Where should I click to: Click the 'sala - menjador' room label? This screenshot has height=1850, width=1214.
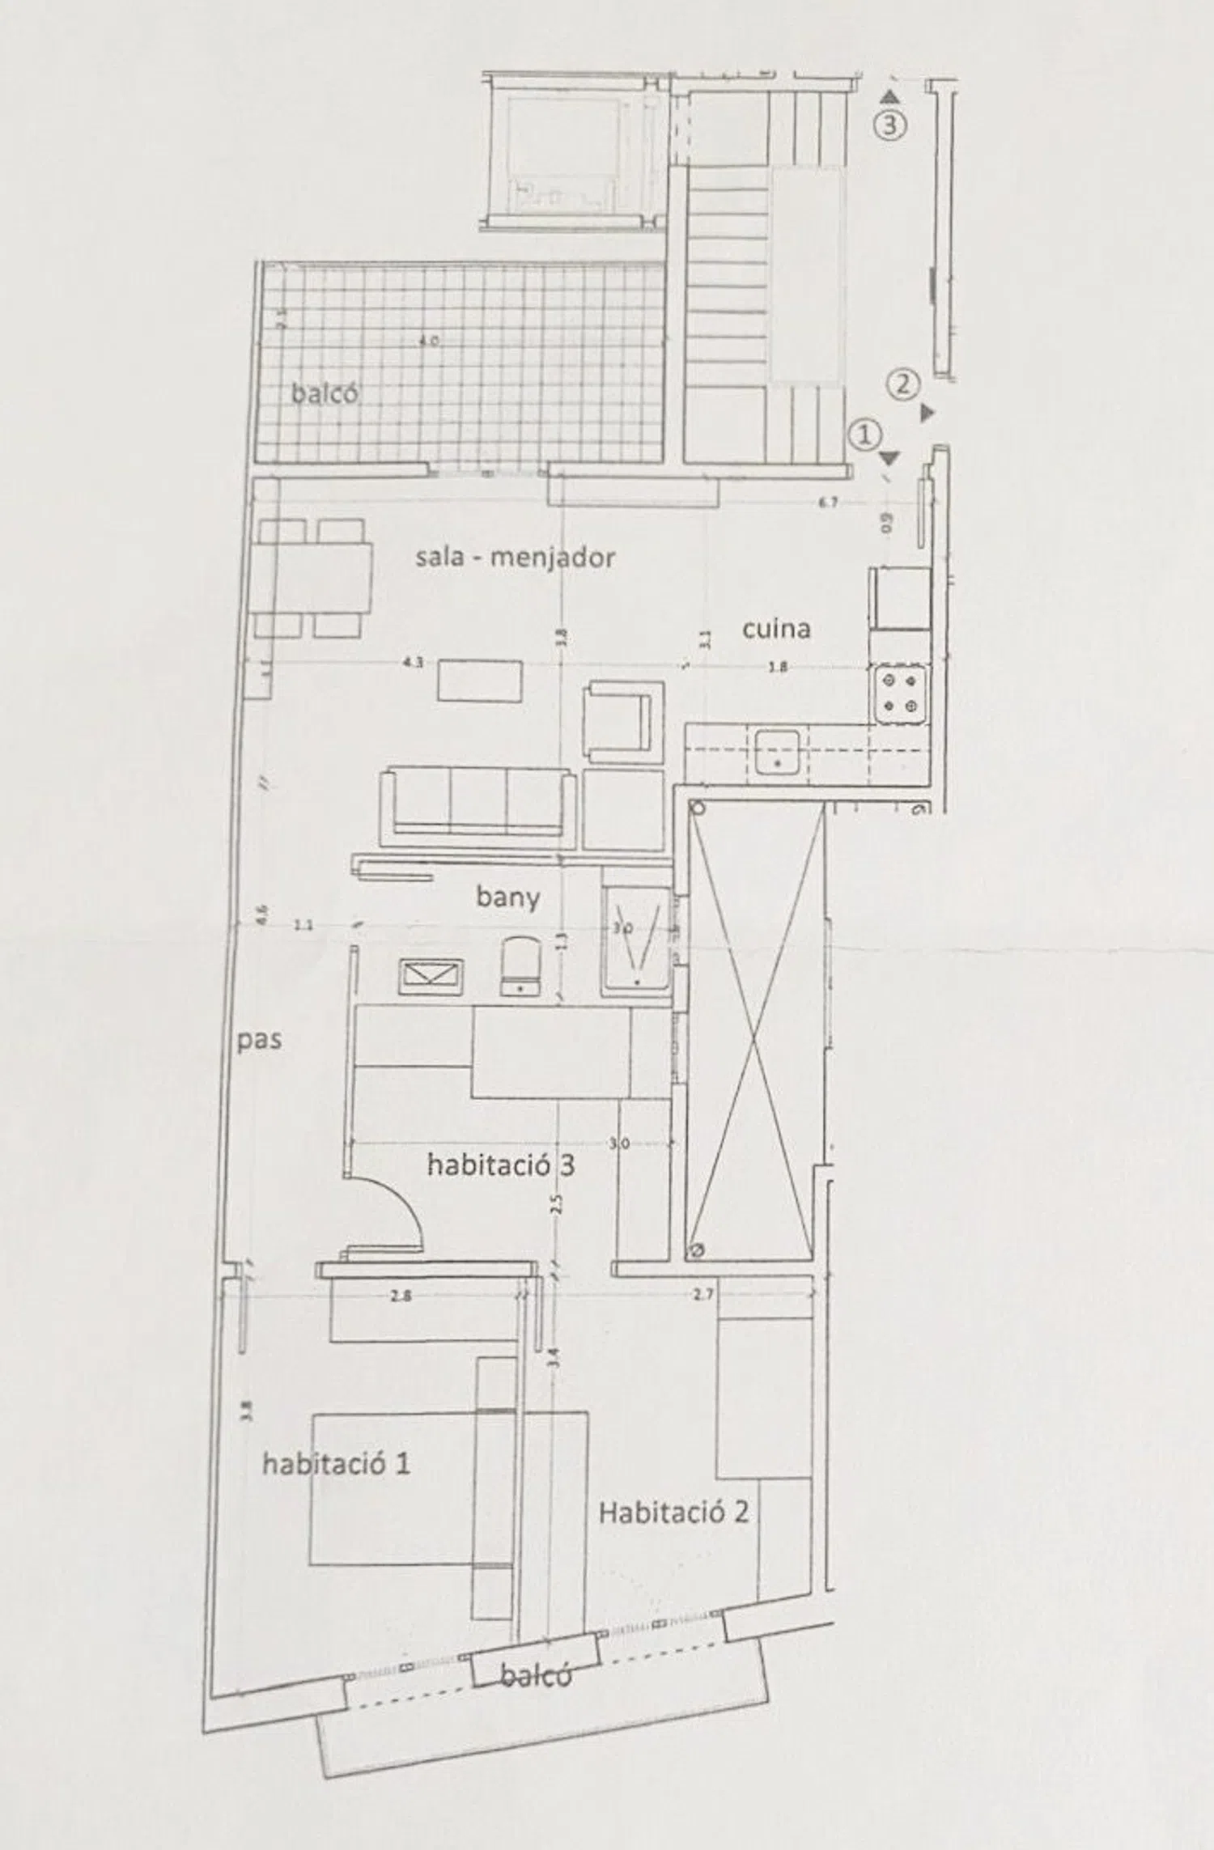pyautogui.click(x=516, y=558)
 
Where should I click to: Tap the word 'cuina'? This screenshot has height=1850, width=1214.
pyautogui.click(x=776, y=629)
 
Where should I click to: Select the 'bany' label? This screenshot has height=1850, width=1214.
pyautogui.click(x=507, y=897)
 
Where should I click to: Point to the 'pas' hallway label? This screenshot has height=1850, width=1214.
pyautogui.click(x=259, y=1040)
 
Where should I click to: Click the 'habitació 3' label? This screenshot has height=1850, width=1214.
pyautogui.click(x=500, y=1165)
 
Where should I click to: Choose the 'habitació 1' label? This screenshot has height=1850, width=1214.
pyautogui.click(x=336, y=1463)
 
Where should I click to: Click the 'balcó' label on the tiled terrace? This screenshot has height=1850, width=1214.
pyautogui.click(x=325, y=394)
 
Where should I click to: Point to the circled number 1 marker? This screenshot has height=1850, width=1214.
pyautogui.click(x=864, y=435)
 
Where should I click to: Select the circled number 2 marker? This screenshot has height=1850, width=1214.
pyautogui.click(x=904, y=384)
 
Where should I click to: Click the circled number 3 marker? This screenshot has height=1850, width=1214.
pyautogui.click(x=890, y=125)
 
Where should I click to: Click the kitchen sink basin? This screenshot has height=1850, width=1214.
pyautogui.click(x=778, y=752)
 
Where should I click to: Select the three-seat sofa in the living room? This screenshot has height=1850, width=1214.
pyautogui.click(x=478, y=801)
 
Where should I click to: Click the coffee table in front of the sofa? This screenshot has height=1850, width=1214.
pyautogui.click(x=480, y=681)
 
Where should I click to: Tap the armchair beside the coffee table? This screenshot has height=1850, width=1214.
pyautogui.click(x=623, y=720)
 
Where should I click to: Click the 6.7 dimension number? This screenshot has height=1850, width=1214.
pyautogui.click(x=827, y=503)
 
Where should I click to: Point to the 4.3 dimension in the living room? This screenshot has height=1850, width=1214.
pyautogui.click(x=413, y=662)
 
